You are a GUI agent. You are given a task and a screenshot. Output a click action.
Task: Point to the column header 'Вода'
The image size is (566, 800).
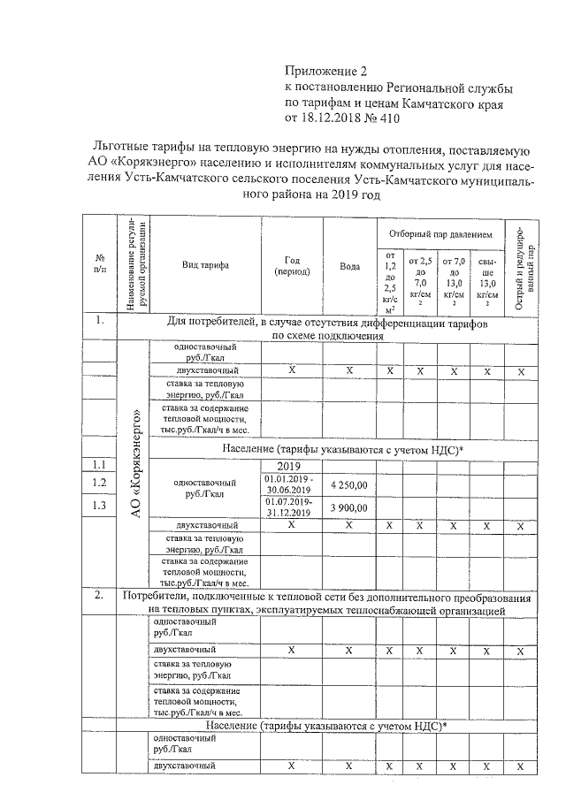tap(349, 266)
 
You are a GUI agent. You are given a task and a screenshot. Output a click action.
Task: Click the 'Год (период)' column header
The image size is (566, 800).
tap(291, 265)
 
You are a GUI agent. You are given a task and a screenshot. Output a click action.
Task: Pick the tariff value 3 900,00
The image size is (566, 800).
tap(349, 508)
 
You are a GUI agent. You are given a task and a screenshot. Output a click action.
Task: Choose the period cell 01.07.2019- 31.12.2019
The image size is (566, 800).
tap(291, 507)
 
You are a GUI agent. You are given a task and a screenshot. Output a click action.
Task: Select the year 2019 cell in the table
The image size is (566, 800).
tap(290, 467)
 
